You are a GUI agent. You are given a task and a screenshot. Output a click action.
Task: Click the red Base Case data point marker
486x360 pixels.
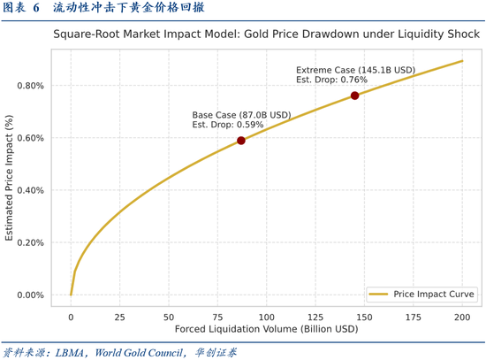coord(241,141)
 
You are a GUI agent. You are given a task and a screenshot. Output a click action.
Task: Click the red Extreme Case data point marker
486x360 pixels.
coord(354,96)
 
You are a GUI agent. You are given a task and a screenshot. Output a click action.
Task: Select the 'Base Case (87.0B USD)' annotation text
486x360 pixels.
coord(241,115)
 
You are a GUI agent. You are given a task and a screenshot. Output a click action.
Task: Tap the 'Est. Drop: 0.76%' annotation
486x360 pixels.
coord(331,80)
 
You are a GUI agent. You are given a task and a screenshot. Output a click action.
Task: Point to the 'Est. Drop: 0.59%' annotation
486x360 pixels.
coord(228,126)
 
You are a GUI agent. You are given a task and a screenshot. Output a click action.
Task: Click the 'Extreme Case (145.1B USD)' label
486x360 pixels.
coord(355,70)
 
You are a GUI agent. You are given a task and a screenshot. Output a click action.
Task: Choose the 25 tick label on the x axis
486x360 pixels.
coord(120,316)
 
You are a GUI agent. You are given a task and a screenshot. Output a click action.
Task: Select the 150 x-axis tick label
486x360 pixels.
coord(364,316)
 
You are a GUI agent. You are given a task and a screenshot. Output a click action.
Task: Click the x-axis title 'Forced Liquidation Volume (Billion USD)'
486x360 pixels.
coord(266,329)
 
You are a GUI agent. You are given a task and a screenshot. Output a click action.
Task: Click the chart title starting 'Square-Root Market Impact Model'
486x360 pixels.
coord(266,36)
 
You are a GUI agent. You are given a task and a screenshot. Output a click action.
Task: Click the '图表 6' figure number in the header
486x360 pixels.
coord(22,8)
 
